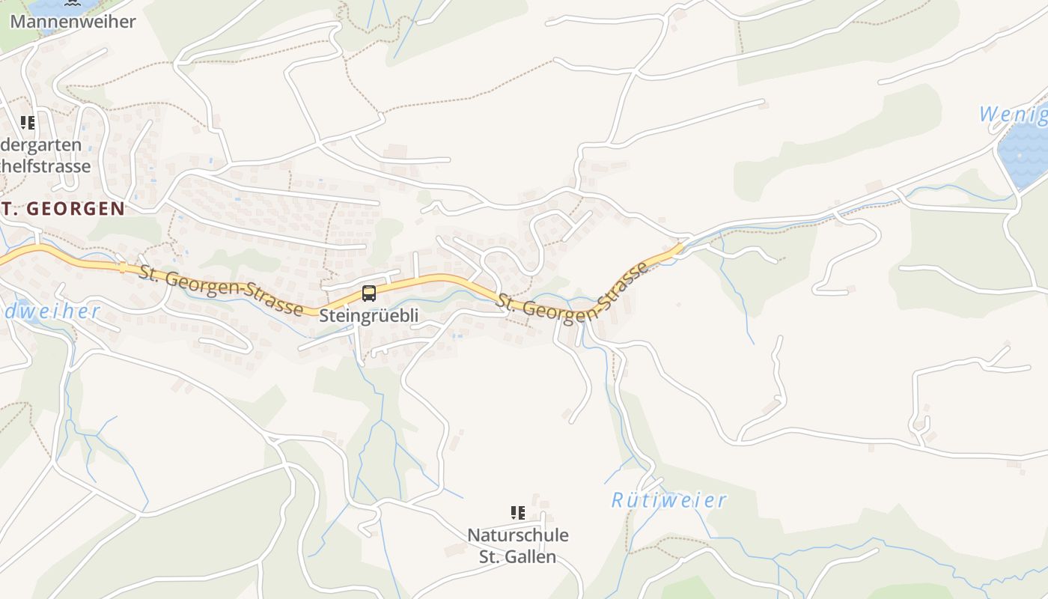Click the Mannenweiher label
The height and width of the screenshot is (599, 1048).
[73, 21]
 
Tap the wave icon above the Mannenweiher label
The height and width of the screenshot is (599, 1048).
[72, 2]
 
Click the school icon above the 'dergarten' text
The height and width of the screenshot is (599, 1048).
[28, 123]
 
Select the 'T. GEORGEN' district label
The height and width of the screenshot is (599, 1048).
[63, 209]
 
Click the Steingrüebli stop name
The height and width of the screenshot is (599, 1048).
[369, 316]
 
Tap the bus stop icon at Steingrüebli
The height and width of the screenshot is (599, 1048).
[369, 294]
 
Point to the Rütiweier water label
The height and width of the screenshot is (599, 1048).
[668, 500]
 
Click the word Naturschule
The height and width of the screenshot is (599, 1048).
[517, 535]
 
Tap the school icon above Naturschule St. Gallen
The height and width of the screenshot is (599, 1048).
[517, 513]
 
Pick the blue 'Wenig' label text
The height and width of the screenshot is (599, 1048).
[1014, 115]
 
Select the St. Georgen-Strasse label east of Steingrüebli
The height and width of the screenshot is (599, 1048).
[572, 294]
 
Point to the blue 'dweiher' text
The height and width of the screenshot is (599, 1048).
[50, 311]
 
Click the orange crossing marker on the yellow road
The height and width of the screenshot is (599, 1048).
[122, 267]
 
